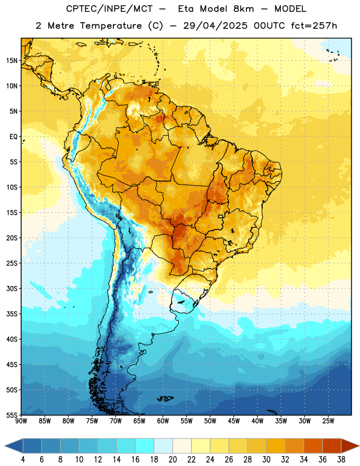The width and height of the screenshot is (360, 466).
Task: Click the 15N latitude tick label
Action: (12, 61)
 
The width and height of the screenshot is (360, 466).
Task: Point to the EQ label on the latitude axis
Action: (13, 137)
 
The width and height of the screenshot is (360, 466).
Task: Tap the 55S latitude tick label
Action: (12, 415)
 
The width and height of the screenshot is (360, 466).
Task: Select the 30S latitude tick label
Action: (12, 288)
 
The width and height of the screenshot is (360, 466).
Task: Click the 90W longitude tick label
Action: (21, 421)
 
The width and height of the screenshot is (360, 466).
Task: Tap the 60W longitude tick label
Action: (163, 421)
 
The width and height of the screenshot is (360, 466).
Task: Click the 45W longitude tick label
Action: (234, 421)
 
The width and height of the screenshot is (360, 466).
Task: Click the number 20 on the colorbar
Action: (172, 460)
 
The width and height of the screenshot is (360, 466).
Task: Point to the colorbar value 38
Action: (341, 460)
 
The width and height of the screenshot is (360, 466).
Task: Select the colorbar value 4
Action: (23, 460)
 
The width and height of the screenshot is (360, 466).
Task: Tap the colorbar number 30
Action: (266, 460)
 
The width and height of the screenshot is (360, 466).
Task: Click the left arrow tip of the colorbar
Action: (5, 446)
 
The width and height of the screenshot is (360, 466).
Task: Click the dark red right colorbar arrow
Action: (350, 446)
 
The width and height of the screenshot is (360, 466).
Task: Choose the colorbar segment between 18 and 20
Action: (163, 446)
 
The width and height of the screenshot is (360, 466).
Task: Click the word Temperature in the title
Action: (111, 26)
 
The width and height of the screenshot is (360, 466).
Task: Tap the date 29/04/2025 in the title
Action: (215, 26)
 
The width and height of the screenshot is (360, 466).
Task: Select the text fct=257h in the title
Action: (314, 26)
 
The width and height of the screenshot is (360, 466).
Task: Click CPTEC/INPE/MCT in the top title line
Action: (110, 9)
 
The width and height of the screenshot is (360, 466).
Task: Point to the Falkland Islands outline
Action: (165, 398)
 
